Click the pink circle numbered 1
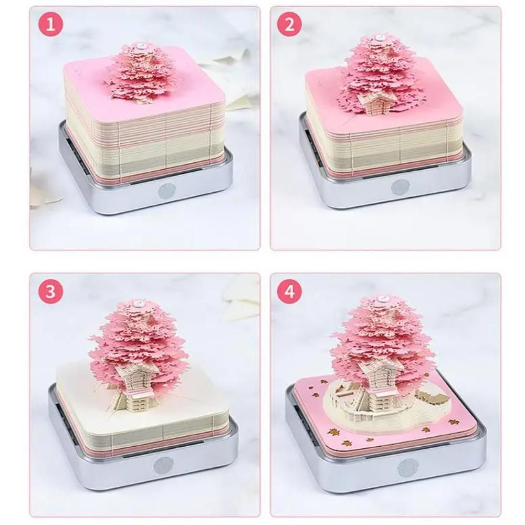pos(51,25)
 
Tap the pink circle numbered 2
pos(289,25)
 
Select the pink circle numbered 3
pos(51,292)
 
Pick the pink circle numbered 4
pos(289,292)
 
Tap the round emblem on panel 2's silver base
pos(400,186)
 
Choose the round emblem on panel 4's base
pos(407,467)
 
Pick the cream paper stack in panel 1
pos(142,136)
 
